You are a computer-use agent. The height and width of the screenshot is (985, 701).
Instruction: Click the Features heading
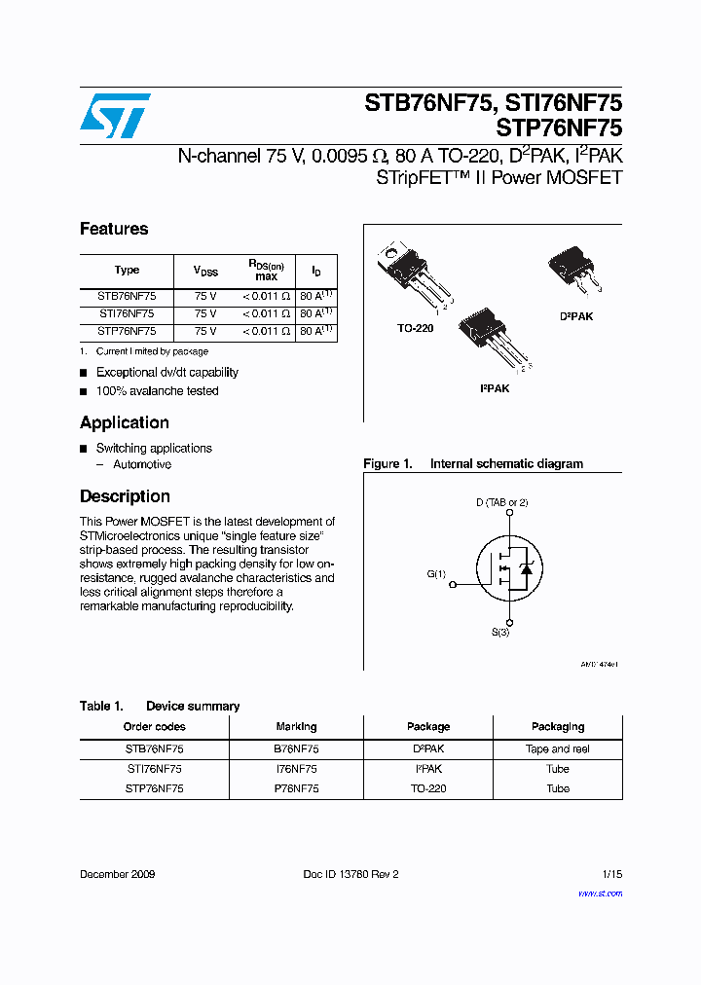pos(114,229)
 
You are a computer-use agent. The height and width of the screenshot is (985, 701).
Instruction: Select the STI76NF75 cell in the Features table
pos(127,313)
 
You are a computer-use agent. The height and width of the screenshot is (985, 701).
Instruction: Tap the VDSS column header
pos(205,271)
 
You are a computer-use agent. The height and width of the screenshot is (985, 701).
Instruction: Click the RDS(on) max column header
pos(266,270)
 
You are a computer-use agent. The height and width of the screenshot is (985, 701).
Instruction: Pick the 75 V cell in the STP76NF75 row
pos(205,331)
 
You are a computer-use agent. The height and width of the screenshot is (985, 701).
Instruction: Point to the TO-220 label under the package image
pos(415,328)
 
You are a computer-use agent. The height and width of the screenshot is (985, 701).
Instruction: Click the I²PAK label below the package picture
pos(494,388)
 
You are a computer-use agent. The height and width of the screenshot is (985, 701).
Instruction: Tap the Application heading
pos(125,422)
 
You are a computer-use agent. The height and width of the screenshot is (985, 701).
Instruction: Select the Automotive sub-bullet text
pos(142,464)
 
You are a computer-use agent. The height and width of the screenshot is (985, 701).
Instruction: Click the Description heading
pos(125,496)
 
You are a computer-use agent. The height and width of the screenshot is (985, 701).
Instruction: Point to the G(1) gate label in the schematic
pos(436,574)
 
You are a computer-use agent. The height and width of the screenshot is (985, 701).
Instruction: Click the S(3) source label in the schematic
pos(499,633)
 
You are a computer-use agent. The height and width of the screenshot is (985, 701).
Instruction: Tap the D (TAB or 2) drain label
pos(501,502)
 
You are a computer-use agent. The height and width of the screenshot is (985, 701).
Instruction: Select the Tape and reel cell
pos(558,748)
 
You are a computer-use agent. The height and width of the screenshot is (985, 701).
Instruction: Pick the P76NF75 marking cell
pos(296,788)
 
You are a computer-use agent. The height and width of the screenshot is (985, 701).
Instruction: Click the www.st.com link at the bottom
pos(600,893)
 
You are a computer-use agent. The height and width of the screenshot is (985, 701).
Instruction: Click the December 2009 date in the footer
pos(117,874)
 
